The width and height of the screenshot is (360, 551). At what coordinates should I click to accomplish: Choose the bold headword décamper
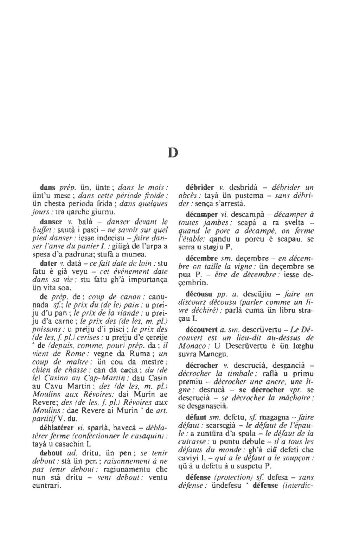[x=200, y=215]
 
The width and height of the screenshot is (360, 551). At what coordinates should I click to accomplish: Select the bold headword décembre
[x=200, y=259]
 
